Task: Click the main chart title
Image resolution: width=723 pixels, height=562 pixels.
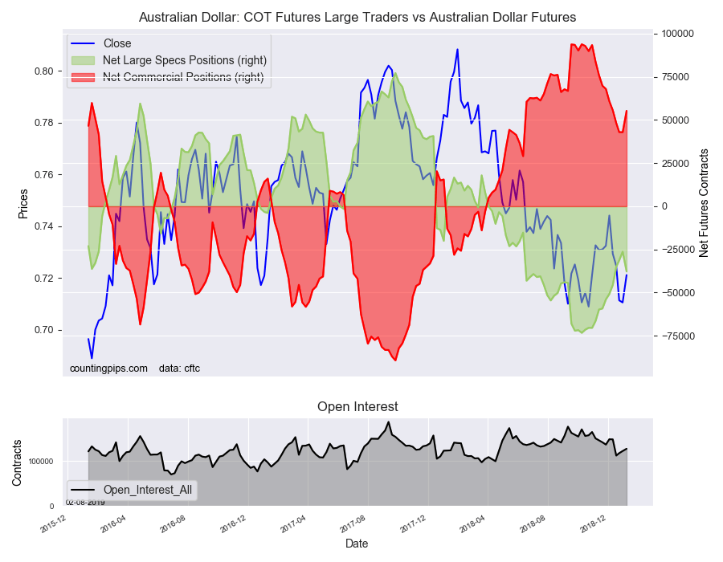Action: (357, 17)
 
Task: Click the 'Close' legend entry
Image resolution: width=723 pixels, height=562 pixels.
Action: (117, 43)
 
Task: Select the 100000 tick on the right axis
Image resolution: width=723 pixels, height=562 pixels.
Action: (676, 34)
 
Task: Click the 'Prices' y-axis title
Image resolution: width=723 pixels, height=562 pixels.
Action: (23, 203)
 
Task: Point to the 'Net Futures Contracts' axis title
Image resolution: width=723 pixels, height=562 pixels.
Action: (704, 202)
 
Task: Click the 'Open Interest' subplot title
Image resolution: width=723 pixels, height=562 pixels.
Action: (357, 407)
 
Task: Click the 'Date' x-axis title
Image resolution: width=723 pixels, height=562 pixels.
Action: (357, 544)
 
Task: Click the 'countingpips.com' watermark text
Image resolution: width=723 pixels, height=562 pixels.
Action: (108, 369)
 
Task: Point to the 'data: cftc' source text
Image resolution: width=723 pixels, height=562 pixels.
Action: (179, 369)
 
